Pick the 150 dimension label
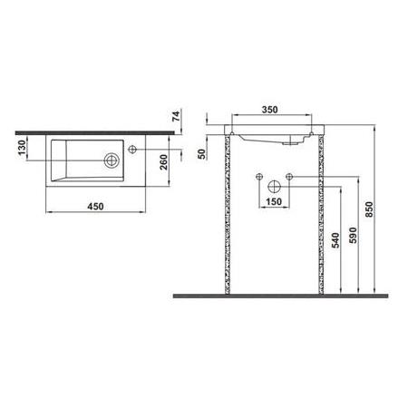coord(272,202)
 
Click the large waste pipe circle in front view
coord(272,185)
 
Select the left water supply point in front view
coord(258,174)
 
